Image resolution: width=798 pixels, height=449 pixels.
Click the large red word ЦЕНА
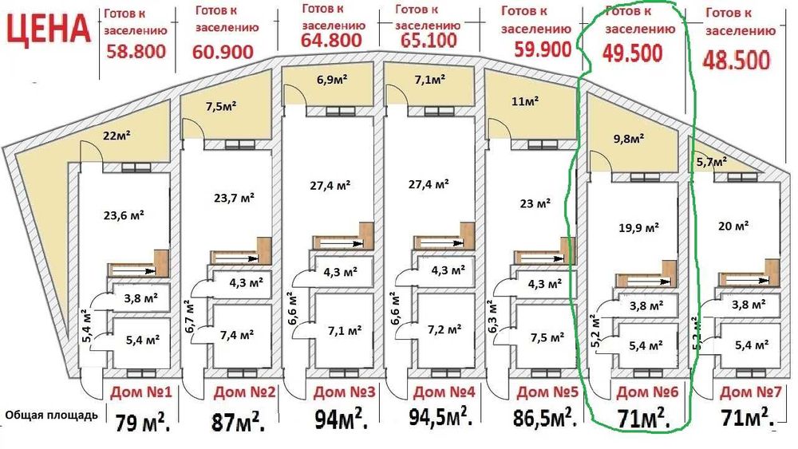47,29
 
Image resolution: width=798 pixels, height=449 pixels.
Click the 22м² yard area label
117,135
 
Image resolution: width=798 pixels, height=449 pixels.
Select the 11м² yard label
526,101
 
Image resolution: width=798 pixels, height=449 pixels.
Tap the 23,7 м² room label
235,197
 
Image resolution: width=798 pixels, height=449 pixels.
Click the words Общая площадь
52,415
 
